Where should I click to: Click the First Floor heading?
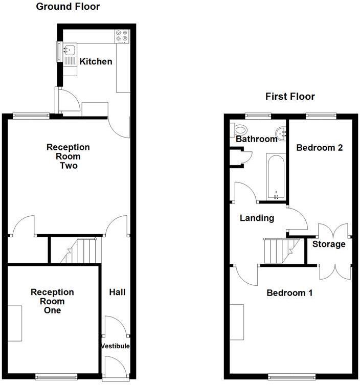(290, 96)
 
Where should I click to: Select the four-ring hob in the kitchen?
(122, 36)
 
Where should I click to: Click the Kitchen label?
(96, 62)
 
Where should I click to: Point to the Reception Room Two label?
(68, 156)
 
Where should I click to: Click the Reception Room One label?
(52, 301)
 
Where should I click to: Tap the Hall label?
(117, 292)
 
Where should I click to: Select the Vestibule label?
(115, 346)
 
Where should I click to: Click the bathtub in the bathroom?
(275, 176)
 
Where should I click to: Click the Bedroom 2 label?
(320, 148)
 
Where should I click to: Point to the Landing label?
(257, 218)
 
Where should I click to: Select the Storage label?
(329, 244)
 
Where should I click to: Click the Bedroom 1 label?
(289, 293)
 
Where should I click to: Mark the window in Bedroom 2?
(321, 116)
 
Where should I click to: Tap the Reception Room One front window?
(52, 377)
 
